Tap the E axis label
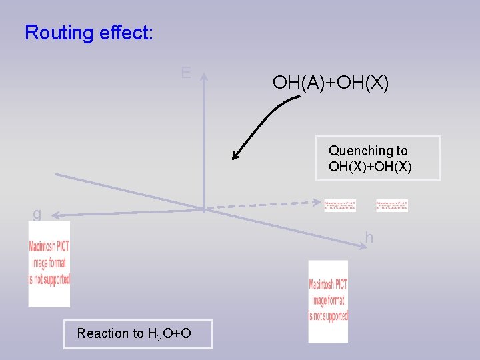(186, 73)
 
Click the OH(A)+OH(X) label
(331, 83)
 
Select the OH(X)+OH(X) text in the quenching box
(370, 167)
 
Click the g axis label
(37, 214)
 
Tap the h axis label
(369, 237)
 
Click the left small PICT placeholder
(339, 205)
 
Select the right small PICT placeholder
(391, 205)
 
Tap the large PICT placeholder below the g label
(49, 263)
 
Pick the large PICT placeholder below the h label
(328, 301)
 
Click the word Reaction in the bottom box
(102, 333)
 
